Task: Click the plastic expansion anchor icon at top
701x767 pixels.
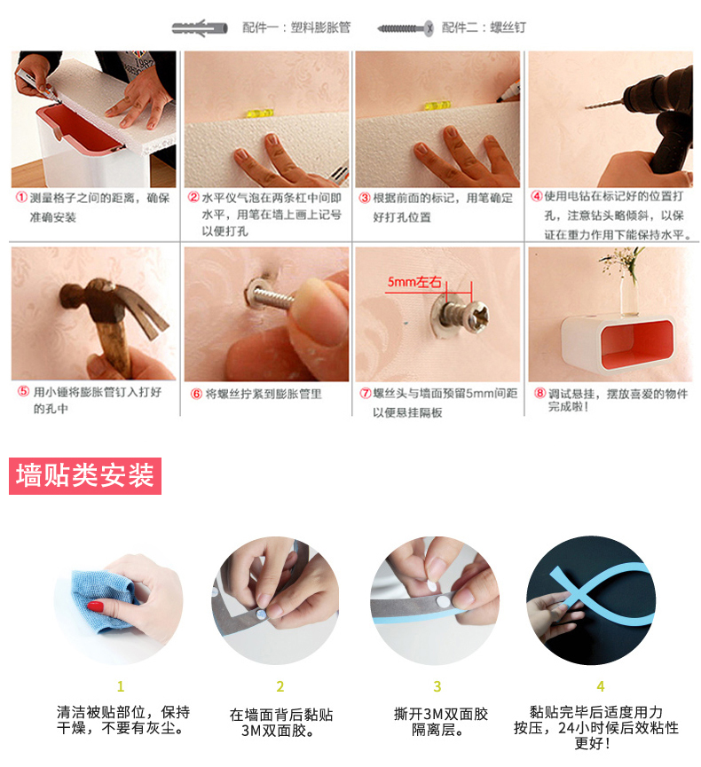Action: click(200, 27)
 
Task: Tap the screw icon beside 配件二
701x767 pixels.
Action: click(406, 28)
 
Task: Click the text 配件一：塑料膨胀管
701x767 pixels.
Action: click(296, 27)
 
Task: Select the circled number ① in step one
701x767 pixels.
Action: click(21, 197)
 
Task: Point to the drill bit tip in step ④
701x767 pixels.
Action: click(587, 106)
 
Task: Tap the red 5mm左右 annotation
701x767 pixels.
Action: click(414, 282)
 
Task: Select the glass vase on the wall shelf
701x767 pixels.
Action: click(627, 293)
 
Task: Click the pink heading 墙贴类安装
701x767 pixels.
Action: click(85, 475)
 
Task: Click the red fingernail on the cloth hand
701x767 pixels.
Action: click(96, 607)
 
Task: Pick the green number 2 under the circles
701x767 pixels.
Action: click(280, 686)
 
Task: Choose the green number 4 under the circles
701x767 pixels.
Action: click(601, 686)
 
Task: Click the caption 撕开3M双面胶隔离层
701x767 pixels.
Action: click(441, 722)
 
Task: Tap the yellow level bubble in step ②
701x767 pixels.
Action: click(260, 113)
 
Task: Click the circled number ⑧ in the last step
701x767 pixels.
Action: click(540, 393)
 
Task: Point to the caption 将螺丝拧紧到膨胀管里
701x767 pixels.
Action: click(264, 394)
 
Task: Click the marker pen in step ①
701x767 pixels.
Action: click(35, 83)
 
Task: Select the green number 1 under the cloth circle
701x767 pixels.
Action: click(121, 686)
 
